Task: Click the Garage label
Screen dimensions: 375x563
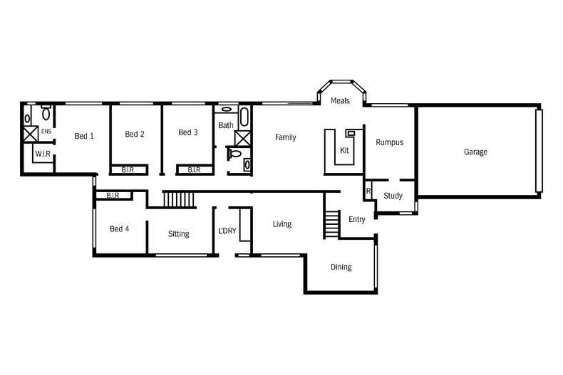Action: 475,152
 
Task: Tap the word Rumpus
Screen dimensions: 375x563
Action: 389,142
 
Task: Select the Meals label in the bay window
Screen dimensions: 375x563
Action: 340,101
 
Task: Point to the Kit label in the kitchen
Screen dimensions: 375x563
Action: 344,150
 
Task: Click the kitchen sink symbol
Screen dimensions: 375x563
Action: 351,133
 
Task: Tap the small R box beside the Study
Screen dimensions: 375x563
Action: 368,191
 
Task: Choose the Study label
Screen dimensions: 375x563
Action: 393,196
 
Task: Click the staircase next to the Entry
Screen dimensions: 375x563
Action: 331,224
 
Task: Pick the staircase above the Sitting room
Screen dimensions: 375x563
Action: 179,199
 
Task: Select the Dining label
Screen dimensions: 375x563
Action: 341,267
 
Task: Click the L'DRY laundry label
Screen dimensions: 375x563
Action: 227,231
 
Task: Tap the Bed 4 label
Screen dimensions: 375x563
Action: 120,228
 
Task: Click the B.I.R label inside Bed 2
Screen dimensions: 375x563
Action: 128,170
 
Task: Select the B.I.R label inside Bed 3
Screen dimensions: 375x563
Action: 193,170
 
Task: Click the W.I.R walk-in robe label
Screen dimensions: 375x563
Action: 42,153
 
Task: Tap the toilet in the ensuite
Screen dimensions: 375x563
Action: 46,113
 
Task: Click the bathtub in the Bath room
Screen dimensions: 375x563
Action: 244,117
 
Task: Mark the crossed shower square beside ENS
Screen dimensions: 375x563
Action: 30,134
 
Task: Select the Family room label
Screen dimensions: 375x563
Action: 285,137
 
